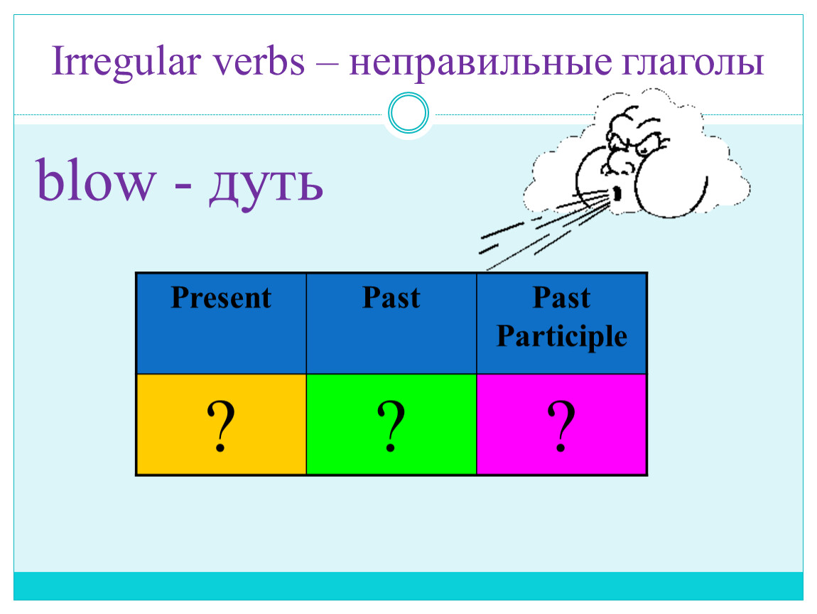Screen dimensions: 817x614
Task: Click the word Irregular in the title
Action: [126, 63]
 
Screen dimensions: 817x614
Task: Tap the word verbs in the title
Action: [259, 62]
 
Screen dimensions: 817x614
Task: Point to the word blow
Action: [96, 179]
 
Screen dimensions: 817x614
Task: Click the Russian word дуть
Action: [266, 185]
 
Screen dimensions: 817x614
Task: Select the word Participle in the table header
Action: [562, 335]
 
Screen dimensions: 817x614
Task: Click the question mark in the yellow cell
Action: [221, 426]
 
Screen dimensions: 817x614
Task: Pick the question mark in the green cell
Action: [391, 426]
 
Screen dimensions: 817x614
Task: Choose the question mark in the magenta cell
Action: [561, 426]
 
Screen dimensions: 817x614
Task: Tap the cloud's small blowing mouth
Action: [617, 194]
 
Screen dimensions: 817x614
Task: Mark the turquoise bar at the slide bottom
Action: [408, 586]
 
